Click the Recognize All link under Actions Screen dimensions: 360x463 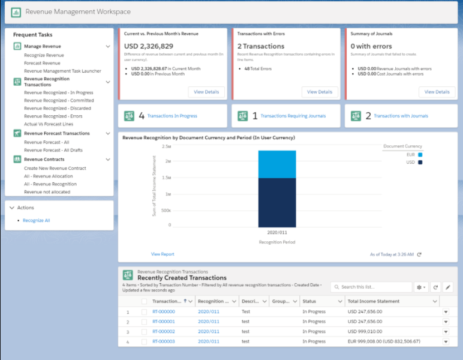36,221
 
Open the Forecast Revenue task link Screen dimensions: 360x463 42,63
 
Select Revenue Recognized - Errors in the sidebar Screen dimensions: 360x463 53,116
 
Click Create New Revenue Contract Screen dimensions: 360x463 55,169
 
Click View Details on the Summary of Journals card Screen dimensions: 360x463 437,92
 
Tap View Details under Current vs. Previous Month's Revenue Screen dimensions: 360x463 206,92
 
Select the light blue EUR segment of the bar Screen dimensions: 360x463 277,164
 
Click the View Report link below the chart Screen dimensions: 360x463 163,254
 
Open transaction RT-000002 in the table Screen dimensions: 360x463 163,331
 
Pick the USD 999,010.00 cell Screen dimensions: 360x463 365,331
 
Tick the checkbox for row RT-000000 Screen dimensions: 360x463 144,311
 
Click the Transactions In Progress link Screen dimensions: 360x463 172,116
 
